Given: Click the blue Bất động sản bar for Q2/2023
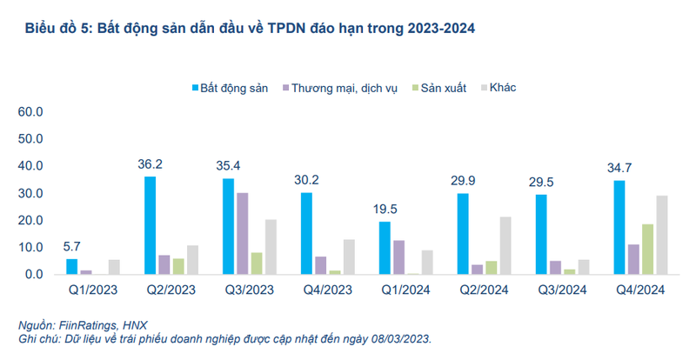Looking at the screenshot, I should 151,225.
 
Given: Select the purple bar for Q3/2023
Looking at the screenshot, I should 242,233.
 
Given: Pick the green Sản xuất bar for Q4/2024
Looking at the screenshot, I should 648,249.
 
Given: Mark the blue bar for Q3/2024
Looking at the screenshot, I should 541,234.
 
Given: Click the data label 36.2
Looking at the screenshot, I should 151,163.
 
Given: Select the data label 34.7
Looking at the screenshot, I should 619,166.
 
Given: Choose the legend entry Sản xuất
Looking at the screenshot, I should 443,89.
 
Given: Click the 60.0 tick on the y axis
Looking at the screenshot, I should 30,112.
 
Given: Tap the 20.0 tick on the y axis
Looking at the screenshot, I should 30,220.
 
